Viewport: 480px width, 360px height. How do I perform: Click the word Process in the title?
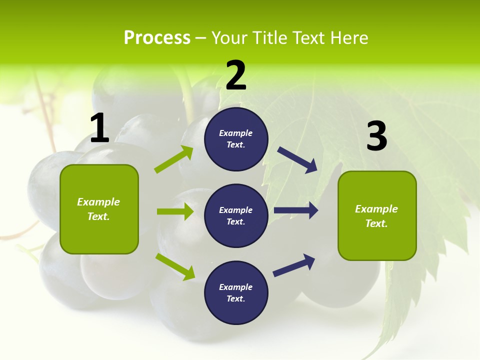point(157,37)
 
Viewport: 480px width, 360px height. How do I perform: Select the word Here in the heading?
point(348,37)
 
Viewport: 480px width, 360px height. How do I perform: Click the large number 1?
point(99,128)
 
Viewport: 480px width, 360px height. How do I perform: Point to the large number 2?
point(236,75)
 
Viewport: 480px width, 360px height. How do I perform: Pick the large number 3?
point(376,136)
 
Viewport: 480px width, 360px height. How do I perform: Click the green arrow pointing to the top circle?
point(174,159)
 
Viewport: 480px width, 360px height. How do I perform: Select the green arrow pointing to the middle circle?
point(175,211)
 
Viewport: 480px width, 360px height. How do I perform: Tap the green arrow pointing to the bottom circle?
point(175,266)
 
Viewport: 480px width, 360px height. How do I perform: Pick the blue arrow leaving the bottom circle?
point(294,265)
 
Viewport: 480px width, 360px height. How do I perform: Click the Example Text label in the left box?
point(98,209)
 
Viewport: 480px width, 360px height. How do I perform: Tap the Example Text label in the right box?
point(376,216)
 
